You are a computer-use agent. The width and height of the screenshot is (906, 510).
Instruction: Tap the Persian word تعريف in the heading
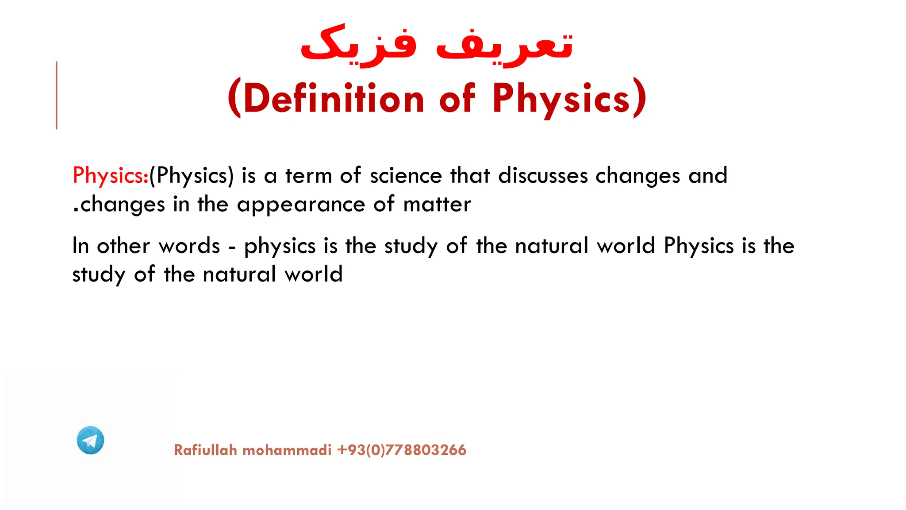click(504, 46)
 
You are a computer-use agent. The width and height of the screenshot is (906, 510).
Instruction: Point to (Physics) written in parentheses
click(192, 176)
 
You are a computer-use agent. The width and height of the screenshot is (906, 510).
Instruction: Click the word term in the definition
click(308, 175)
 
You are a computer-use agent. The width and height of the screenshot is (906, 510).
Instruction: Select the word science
click(406, 175)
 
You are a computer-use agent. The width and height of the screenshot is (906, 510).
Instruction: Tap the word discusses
click(543, 175)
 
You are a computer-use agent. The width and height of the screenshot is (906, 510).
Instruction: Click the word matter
click(437, 205)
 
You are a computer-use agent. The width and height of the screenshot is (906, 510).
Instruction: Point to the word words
click(189, 246)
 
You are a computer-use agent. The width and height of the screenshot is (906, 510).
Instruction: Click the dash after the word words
click(232, 247)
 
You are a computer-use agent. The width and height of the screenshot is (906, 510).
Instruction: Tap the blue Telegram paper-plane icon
click(90, 440)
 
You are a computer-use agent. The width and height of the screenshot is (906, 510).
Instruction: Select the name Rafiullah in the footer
click(206, 450)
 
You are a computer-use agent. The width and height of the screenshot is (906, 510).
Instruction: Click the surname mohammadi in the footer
click(287, 450)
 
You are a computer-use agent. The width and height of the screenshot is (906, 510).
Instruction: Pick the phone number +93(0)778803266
click(402, 450)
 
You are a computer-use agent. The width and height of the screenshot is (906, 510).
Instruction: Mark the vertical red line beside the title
click(57, 95)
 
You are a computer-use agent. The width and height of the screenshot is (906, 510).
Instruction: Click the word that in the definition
click(470, 175)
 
